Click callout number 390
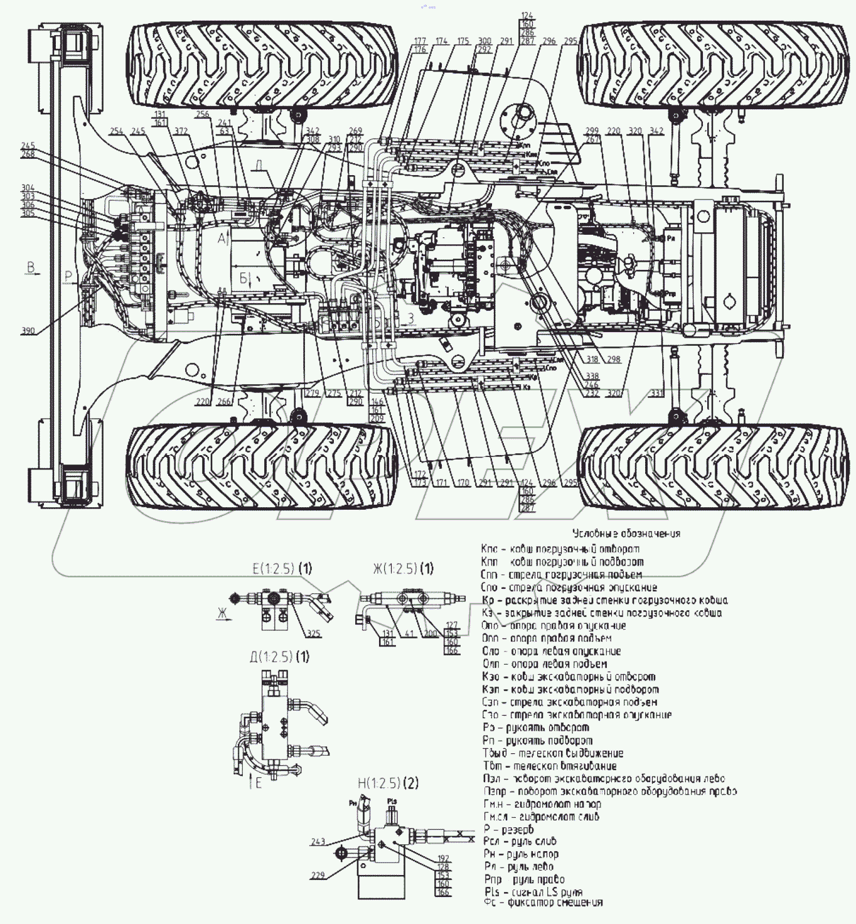pos(28,331)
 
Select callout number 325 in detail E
pos(314,633)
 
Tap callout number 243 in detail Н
pos(318,842)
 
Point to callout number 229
pos(318,874)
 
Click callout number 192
pos(443,857)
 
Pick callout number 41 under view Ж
pos(410,634)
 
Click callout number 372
pos(181,131)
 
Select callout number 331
pos(656,394)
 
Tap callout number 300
pos(484,41)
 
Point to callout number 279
pos(313,394)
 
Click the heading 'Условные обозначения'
pos(626,534)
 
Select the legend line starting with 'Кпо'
pos(560,549)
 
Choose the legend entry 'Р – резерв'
pos(509,829)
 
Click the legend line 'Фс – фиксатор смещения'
pos(543,903)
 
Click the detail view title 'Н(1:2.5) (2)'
pos(388,783)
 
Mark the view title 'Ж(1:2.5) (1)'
pos(403,569)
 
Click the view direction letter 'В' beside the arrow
pos(29,268)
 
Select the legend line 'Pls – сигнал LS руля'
pos(533,891)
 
